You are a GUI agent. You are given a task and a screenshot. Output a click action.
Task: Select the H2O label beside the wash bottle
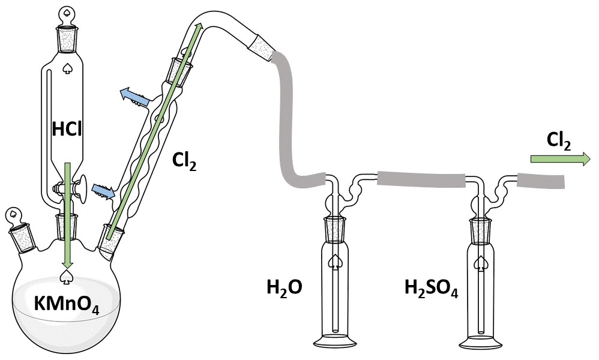click(x=284, y=288)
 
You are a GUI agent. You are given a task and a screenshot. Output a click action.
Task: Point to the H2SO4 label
click(x=432, y=288)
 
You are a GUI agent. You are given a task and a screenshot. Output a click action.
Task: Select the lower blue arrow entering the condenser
click(x=103, y=190)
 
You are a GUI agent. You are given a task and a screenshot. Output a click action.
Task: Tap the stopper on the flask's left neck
click(x=19, y=232)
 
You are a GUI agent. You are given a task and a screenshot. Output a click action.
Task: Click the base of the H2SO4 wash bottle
click(x=481, y=341)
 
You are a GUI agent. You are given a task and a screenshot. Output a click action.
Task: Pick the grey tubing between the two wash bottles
click(x=421, y=179)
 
